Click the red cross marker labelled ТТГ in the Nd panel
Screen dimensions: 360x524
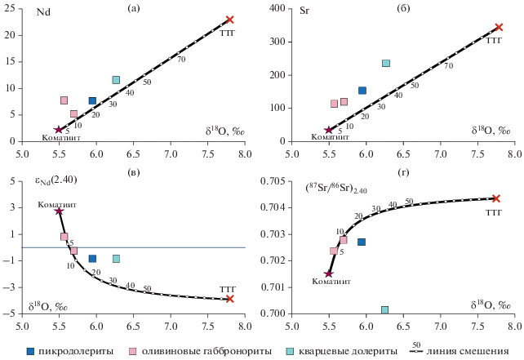click(230, 20)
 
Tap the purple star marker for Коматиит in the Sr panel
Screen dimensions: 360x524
click(330, 130)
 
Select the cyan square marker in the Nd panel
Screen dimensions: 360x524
click(116, 80)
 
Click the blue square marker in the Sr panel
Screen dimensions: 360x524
click(362, 91)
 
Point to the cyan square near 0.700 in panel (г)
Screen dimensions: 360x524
click(384, 309)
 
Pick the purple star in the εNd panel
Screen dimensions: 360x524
click(59, 211)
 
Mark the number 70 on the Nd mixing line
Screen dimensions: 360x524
click(181, 60)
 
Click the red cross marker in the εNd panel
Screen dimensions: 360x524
click(230, 299)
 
